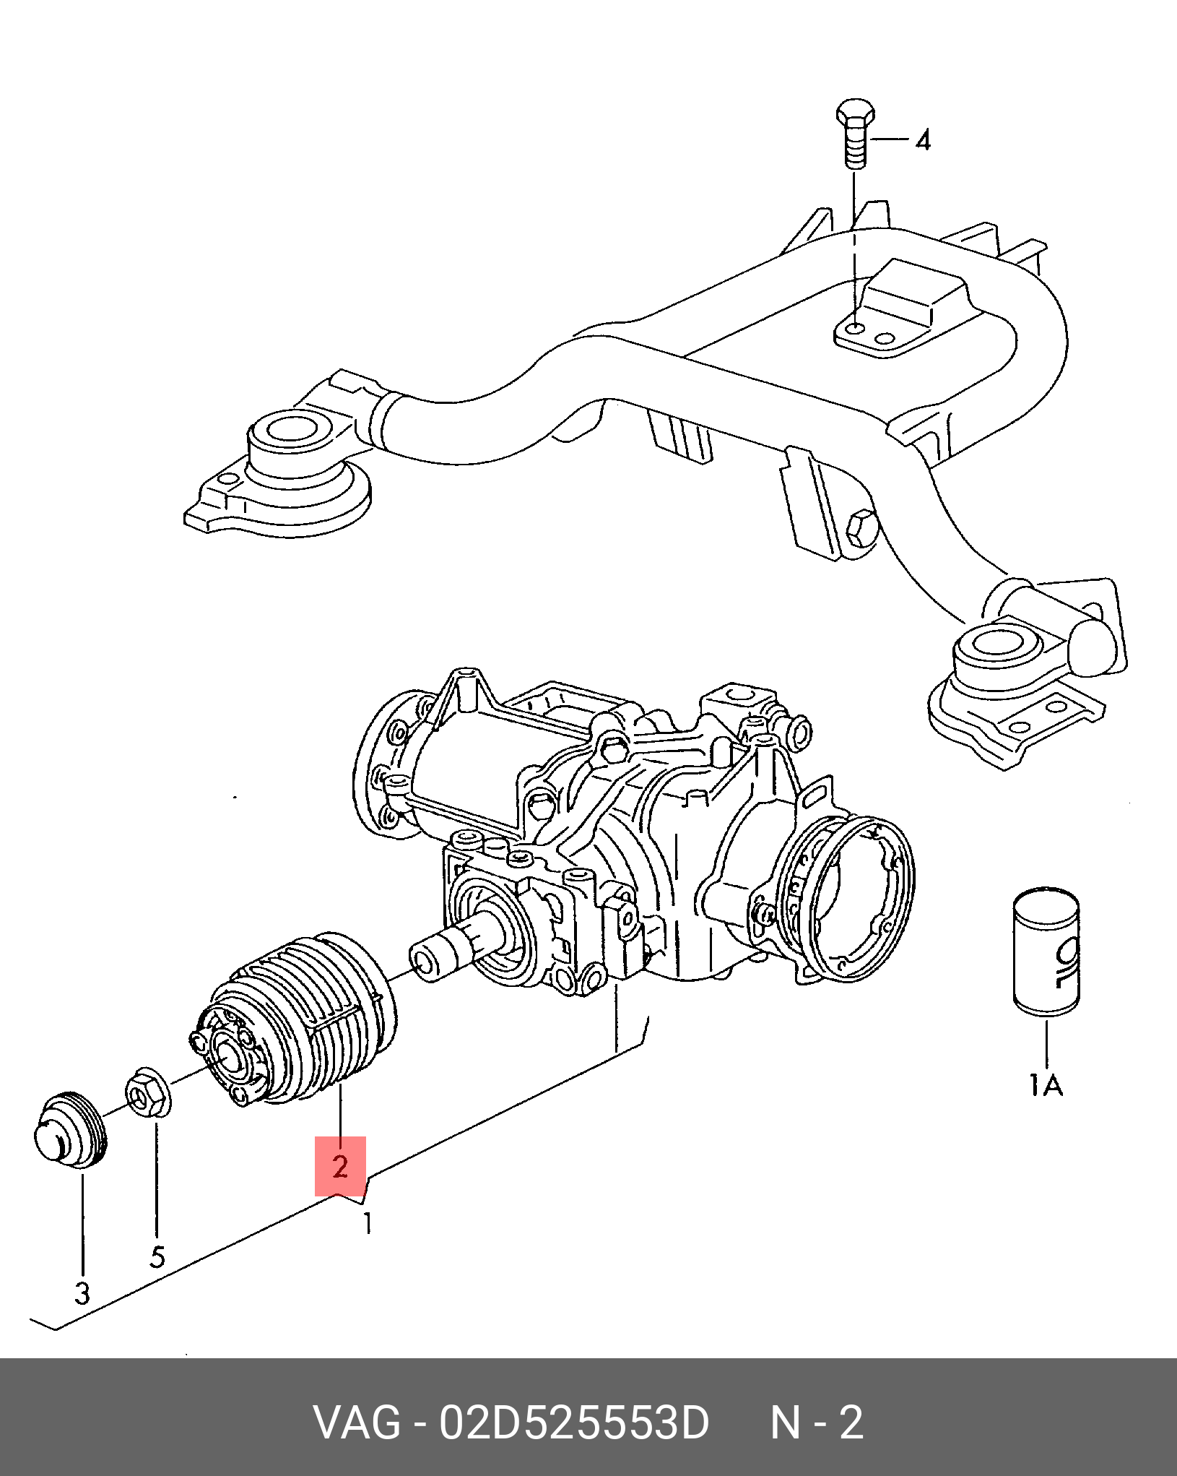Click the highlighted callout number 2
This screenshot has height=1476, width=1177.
tap(340, 1166)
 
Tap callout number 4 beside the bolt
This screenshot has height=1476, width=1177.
tap(923, 139)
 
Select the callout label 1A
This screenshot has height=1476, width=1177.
tap(1046, 1085)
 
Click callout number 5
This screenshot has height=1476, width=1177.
tap(157, 1258)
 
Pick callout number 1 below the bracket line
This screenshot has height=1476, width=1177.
tap(368, 1222)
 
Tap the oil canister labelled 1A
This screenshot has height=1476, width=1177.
tap(1046, 951)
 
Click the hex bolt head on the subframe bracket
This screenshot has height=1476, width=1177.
tap(861, 528)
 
